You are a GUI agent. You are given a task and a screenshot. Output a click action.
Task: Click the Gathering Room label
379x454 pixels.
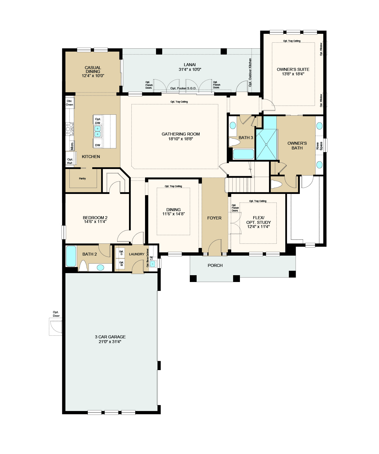(181, 134)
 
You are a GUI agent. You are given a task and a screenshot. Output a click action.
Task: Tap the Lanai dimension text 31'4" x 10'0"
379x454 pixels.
(190, 69)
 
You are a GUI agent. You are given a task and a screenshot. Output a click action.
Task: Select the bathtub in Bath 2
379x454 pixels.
(71, 256)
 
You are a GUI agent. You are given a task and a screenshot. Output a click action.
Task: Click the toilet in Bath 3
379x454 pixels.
(234, 142)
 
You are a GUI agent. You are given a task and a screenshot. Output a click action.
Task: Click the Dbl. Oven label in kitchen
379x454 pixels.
(69, 103)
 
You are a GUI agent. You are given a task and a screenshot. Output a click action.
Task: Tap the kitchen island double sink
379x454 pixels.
(98, 131)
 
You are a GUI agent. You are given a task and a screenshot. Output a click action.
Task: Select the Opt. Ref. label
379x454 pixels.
(70, 161)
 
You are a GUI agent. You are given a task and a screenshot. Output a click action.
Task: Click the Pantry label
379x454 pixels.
(82, 179)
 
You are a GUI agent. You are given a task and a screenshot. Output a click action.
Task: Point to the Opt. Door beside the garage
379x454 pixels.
(56, 326)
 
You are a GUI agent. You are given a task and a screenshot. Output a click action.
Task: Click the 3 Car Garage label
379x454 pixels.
(110, 337)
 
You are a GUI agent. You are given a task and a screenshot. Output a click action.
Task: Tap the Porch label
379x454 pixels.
(215, 265)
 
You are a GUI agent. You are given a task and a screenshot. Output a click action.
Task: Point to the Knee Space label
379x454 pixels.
(319, 146)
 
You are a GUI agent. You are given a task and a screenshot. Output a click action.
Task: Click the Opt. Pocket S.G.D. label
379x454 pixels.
(183, 88)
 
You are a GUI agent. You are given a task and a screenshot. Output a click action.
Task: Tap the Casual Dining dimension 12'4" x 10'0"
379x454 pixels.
(93, 76)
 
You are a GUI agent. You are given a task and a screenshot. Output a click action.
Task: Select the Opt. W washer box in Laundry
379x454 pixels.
(121, 264)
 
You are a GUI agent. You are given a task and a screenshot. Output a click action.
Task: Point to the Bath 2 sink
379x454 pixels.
(101, 267)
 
